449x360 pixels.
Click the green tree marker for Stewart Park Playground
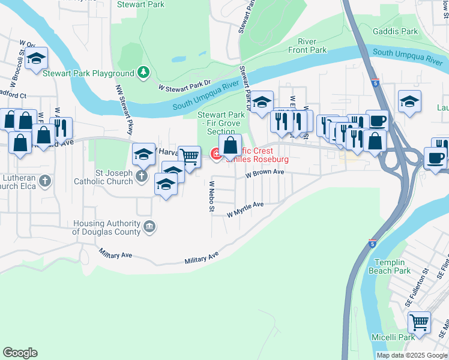point(143,73)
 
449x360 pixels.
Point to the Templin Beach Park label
point(393,266)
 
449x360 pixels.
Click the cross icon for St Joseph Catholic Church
point(141,176)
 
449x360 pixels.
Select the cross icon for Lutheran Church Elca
point(45,181)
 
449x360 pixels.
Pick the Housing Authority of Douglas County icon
point(149,227)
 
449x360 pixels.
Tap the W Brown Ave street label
point(265,172)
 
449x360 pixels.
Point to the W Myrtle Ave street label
point(246,209)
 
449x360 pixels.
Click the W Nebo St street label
point(211,196)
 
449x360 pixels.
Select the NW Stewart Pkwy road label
point(125,109)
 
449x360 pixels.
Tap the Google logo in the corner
point(20,353)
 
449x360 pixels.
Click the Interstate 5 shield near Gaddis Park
point(375,83)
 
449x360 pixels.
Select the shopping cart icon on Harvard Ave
point(190,157)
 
